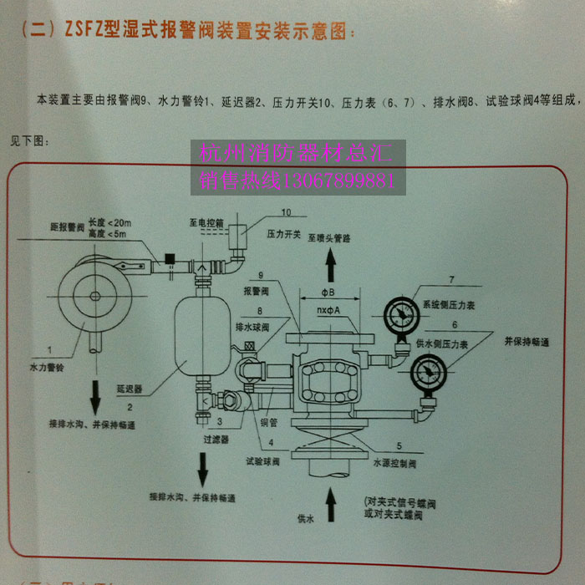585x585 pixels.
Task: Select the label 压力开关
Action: [x=283, y=235]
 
